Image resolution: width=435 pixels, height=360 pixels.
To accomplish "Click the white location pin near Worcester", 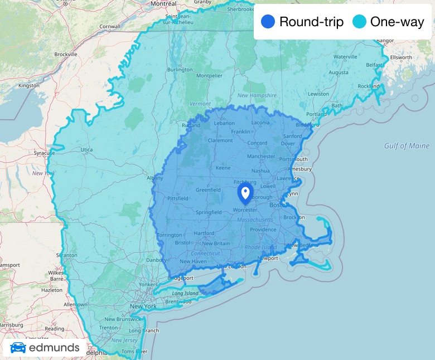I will click(x=245, y=193).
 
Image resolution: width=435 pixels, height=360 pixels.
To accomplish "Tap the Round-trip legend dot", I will click(x=268, y=22).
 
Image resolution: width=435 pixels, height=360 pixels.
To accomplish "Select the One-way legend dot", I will click(x=360, y=22).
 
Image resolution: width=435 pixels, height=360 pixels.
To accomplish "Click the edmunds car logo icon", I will click(x=18, y=348).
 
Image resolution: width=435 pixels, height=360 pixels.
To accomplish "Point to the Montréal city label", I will click(x=163, y=3).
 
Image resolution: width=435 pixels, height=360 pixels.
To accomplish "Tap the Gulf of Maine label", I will click(x=407, y=146).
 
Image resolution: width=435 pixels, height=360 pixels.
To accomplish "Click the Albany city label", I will click(x=154, y=178).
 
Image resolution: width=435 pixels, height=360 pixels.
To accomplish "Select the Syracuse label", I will click(x=44, y=152).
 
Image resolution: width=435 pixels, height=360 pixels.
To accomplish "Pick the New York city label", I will click(x=143, y=307).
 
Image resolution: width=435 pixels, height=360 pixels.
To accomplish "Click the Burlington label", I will click(x=180, y=70).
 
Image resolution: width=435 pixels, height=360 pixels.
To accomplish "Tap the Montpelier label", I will click(x=209, y=76).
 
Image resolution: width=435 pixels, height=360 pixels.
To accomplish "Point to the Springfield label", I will click(x=209, y=212).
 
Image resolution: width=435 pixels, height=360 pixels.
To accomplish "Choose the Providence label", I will click(x=263, y=230).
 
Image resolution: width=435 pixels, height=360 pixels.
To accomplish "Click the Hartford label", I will click(x=204, y=233).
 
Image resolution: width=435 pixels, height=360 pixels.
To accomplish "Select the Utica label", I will click(x=87, y=150).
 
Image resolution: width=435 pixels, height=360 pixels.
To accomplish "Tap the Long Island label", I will click(x=185, y=293).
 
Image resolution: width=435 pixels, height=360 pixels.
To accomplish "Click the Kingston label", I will click(x=29, y=86).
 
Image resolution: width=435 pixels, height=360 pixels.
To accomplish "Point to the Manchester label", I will click(x=261, y=157).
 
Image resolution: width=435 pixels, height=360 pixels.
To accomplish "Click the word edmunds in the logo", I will click(x=54, y=349).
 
